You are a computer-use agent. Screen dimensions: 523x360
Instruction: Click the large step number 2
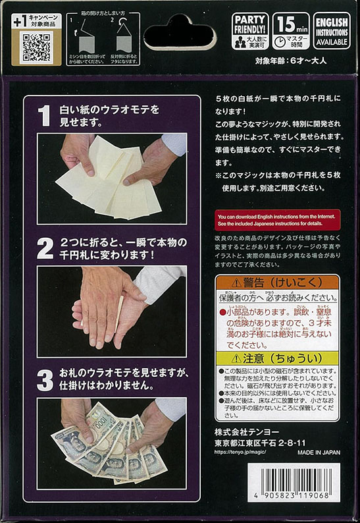pos(44,248)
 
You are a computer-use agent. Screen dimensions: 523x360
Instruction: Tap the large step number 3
pos(44,379)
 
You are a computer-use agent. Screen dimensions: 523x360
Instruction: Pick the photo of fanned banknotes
pos(111,443)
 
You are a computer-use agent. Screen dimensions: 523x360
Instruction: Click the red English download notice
pos(278,219)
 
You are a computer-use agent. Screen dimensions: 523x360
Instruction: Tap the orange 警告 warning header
pos(277,283)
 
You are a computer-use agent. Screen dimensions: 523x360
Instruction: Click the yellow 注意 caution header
pos(277,360)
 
